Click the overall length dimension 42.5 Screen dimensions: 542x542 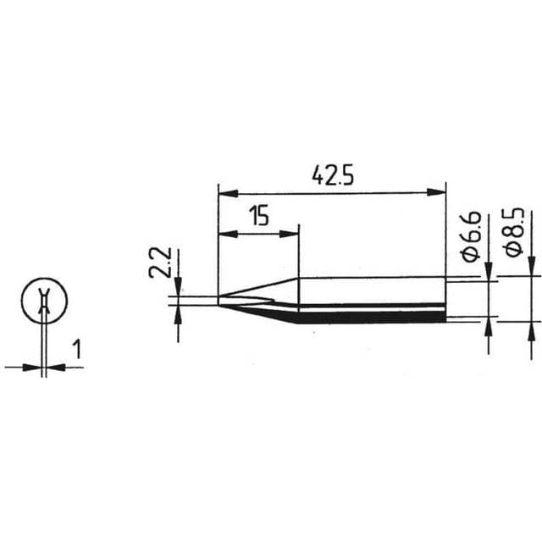[332, 175]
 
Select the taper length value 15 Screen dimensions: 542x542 [259, 216]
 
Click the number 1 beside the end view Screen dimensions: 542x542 [77, 349]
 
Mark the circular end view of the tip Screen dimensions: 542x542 [42, 301]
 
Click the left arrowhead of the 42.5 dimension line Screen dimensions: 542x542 [224, 192]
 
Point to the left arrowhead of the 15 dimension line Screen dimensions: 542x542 [224, 233]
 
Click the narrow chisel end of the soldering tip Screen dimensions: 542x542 [222, 299]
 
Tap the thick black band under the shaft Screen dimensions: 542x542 [373, 318]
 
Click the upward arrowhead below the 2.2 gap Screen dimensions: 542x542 [178, 311]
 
